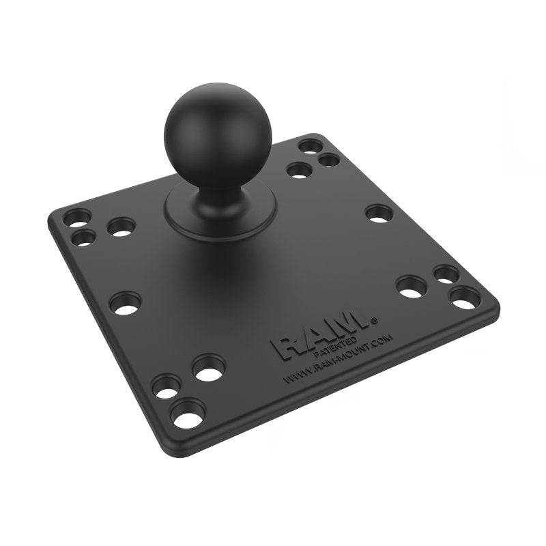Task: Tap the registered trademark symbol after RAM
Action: point(373,318)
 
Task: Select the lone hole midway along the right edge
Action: point(379,213)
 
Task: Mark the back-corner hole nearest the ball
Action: point(298,170)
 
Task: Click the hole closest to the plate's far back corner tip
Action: point(311,146)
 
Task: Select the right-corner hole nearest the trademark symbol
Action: point(412,287)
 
